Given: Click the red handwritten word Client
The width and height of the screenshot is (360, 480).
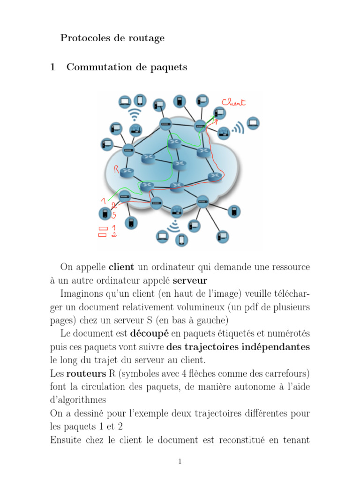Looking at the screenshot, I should coord(233,102).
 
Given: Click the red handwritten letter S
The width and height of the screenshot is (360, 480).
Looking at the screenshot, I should coord(113,215).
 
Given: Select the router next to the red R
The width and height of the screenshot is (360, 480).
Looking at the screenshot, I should coord(126,172).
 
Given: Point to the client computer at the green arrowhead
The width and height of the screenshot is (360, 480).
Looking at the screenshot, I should coord(219,112).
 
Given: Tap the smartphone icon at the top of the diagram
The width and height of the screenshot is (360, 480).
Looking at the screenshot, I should coord(140,100).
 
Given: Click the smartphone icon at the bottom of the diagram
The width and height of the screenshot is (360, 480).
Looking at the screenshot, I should coord(182,240).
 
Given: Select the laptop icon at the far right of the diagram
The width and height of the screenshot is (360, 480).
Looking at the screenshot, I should coord(253,123).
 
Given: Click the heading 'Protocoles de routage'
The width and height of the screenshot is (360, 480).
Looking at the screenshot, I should coord(112,38).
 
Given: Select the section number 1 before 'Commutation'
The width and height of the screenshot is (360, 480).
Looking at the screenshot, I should coord(53,67).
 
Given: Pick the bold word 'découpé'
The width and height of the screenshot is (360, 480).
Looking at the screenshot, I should coord(150,334).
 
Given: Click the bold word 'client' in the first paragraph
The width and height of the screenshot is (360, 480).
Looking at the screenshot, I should coord(121,267).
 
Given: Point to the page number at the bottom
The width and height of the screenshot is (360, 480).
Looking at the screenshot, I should coord(180,462).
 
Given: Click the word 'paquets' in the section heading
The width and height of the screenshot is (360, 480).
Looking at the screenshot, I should coord(170,67).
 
